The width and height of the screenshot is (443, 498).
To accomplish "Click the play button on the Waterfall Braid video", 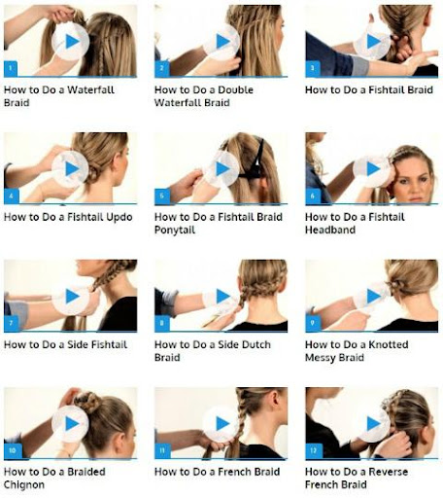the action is pos(70,42).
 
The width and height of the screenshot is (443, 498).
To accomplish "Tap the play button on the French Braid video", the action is pos(221,423).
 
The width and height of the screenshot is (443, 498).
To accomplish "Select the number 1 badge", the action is pos(11,68).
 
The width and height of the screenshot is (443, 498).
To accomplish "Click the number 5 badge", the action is pos(162,196).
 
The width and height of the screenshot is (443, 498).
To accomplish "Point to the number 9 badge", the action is pos(313,323).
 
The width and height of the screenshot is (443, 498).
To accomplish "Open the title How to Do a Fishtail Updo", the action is pos(68,217).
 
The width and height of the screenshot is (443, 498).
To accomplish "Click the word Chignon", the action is pos(24,485).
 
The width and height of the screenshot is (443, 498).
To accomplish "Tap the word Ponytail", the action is pos(175,230).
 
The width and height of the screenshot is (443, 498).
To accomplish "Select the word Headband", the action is pos(330,230).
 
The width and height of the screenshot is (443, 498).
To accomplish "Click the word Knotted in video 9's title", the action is pos(389,344).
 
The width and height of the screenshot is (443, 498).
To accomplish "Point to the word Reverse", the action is pos(389,472).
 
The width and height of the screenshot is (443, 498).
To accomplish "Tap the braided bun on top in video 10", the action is pos(88,402).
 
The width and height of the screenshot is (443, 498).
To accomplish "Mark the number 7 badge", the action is pos(11,323).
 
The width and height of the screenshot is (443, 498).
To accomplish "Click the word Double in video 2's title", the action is pos(235,89).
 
